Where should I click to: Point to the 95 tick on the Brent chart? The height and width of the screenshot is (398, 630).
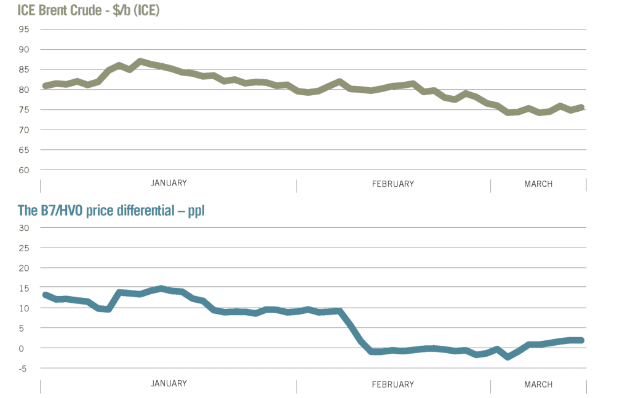click(25, 29)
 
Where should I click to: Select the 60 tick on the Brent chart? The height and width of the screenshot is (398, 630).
click(25, 170)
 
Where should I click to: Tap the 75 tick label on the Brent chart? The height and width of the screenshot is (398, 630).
click(25, 110)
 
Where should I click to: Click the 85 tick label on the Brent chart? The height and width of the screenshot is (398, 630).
click(25, 69)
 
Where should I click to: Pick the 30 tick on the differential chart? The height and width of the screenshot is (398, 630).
click(25, 228)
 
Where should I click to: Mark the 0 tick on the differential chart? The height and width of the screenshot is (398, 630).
click(26, 348)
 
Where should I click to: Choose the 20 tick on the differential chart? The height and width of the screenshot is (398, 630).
click(25, 268)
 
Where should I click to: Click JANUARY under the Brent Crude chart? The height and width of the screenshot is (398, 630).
click(169, 183)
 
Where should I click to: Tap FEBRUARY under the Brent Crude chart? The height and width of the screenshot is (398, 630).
click(393, 184)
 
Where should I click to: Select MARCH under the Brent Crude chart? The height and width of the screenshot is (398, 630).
click(538, 184)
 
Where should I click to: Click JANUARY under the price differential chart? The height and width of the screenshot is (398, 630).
click(169, 384)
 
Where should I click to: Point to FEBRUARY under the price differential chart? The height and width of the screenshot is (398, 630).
click(393, 384)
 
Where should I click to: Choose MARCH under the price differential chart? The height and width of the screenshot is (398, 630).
click(538, 384)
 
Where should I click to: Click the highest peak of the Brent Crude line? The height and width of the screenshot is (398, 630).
click(141, 61)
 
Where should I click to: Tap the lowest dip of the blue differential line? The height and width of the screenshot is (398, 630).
click(508, 356)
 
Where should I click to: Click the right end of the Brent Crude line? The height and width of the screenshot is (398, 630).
click(582, 107)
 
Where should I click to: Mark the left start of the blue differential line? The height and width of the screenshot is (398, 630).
click(45, 295)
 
